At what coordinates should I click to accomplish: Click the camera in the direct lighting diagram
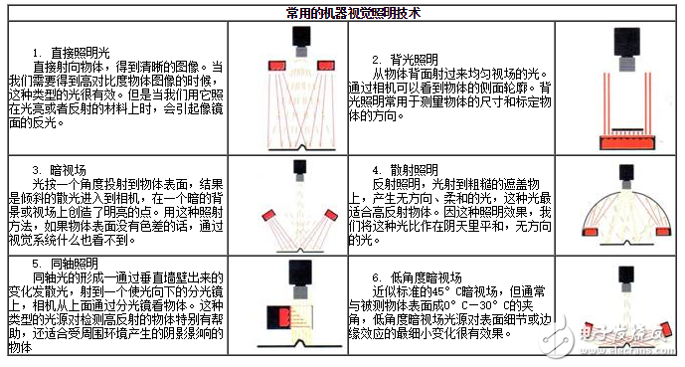point(299,38)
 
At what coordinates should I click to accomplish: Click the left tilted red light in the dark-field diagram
point(266,216)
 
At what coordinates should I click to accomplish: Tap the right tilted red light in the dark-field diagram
point(331,216)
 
